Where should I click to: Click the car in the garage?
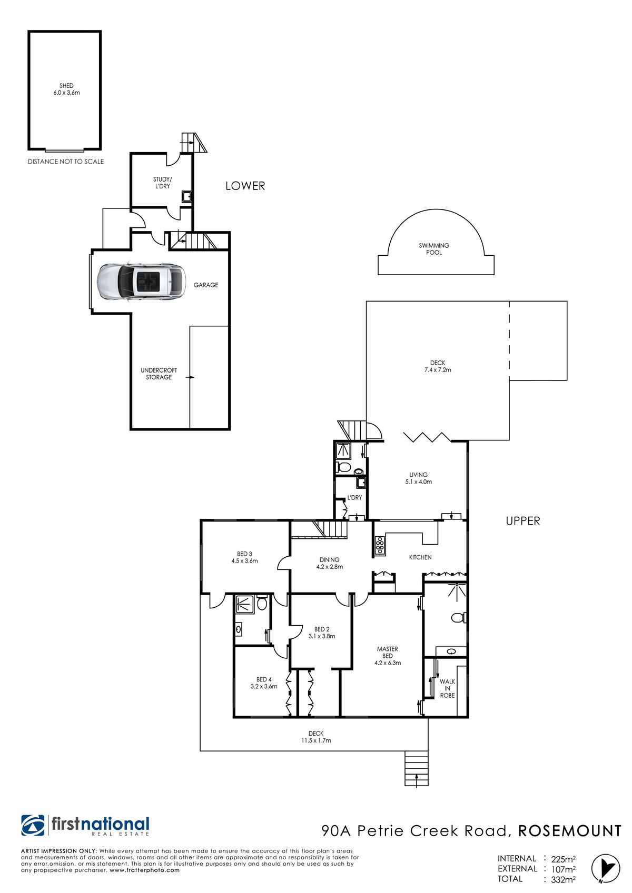(x=142, y=282)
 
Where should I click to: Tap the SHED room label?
(x=67, y=85)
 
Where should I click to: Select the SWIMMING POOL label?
(x=433, y=249)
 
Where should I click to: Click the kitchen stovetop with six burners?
(x=380, y=546)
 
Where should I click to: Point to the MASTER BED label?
(x=388, y=652)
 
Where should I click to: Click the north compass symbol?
(x=606, y=868)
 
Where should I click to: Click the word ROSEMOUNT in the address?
(x=569, y=831)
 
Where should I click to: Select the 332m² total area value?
(x=563, y=879)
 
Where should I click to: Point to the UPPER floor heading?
(x=522, y=520)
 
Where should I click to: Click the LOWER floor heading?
(x=245, y=186)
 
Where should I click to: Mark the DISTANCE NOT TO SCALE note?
(x=66, y=162)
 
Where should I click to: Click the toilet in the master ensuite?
(x=458, y=618)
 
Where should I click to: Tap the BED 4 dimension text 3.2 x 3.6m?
(x=264, y=686)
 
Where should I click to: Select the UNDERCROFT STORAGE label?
(x=159, y=374)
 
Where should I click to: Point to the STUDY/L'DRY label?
(x=162, y=183)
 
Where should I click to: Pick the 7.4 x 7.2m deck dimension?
(x=438, y=369)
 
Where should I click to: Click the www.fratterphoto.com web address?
(x=144, y=870)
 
